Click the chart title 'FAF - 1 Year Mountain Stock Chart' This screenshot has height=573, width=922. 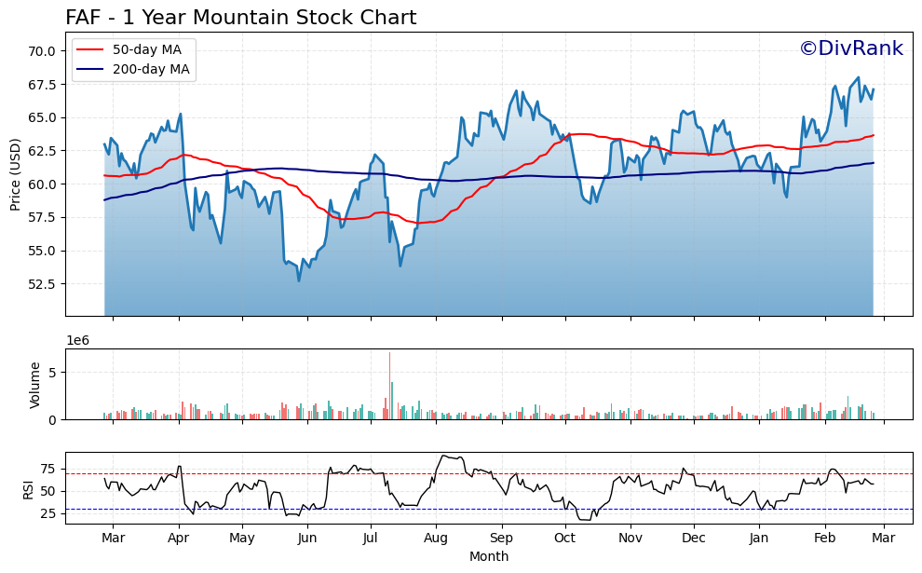point(240,18)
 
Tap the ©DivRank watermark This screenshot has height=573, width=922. point(850,48)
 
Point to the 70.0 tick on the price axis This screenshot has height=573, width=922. point(42,50)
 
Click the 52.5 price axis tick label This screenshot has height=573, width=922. point(42,284)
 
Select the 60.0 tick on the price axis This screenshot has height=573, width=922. point(42,184)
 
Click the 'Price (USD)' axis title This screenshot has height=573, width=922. point(16,174)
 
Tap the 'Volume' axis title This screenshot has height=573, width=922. point(35,385)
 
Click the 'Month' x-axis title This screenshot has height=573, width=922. point(489,556)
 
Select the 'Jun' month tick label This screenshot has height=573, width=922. point(307,539)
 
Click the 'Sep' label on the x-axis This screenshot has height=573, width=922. point(501,539)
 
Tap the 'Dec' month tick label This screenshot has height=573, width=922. point(694,539)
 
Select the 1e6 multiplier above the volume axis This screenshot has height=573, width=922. point(78,341)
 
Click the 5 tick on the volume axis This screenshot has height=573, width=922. point(52,373)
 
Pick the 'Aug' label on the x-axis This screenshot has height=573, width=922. point(436,539)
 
